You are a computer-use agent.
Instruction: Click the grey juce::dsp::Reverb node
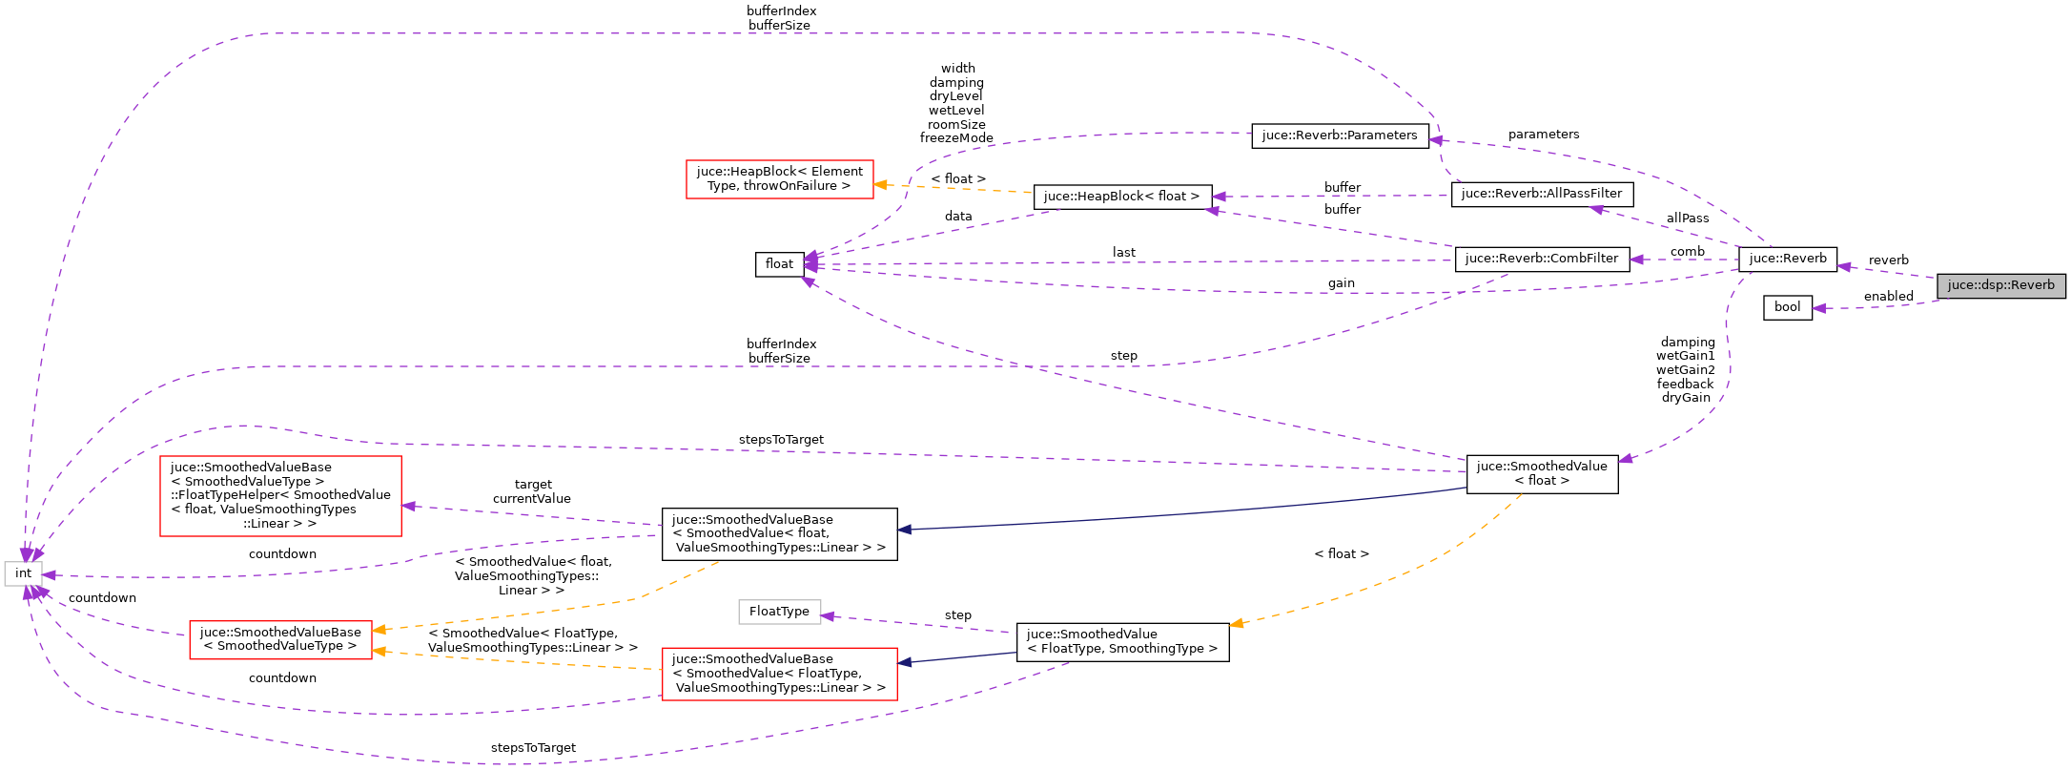2000,285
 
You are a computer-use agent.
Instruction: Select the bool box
1787,307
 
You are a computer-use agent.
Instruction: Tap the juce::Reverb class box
1787,259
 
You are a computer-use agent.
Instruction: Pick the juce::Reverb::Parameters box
1340,135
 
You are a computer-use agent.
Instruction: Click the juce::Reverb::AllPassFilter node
1541,194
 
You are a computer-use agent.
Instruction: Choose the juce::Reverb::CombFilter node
1541,259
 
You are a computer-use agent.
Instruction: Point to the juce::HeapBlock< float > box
1121,197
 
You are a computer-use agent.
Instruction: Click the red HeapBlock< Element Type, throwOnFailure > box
779,178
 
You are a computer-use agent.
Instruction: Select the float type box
779,264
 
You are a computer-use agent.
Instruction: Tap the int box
23,573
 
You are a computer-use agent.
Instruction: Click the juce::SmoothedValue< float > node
1541,473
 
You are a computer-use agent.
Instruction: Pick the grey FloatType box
779,612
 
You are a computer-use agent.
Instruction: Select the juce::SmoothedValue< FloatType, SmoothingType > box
1121,641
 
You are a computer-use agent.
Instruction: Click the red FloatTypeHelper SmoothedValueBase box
280,495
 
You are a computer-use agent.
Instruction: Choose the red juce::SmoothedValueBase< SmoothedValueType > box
280,639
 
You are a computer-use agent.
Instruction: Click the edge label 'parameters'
1543,135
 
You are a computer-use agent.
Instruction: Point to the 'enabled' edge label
1888,297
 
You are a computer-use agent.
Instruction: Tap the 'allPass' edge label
1687,219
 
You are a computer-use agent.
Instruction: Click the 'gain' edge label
1341,283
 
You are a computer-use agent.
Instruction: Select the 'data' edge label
957,217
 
